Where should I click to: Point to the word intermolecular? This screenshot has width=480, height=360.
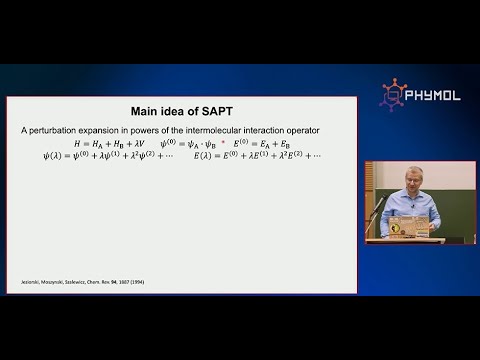[243, 131]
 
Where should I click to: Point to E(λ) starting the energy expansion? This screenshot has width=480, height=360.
[207, 156]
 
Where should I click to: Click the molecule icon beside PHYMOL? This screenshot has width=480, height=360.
[392, 94]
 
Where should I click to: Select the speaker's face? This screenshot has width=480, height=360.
[413, 179]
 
